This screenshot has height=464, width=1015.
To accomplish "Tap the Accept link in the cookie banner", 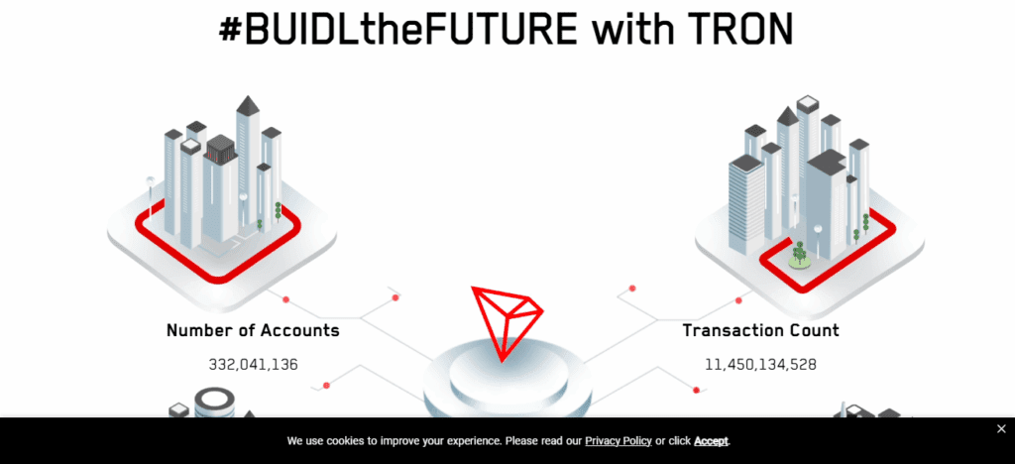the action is (x=711, y=441).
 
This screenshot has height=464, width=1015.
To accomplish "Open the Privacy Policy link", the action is (x=619, y=441).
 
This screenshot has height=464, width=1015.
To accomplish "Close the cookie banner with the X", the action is (x=1001, y=429).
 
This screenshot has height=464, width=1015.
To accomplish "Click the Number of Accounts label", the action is (x=253, y=331).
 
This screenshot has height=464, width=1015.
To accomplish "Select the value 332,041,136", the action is (x=253, y=364).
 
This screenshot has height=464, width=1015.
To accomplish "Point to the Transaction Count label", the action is (x=760, y=331).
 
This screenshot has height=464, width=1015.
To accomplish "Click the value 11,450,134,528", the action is (x=760, y=364).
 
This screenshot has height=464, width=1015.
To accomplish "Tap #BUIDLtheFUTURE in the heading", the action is (x=397, y=29).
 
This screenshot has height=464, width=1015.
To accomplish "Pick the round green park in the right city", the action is (x=801, y=260).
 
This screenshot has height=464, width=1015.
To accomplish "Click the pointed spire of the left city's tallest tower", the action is (x=247, y=103).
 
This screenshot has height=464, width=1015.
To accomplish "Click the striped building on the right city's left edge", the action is (x=746, y=204).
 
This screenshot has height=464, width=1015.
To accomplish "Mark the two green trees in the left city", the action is (x=270, y=215).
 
